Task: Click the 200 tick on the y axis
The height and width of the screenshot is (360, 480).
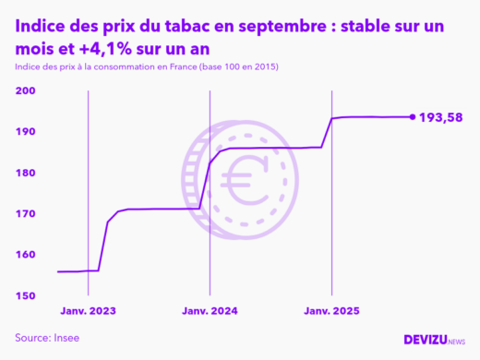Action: pyautogui.click(x=26, y=90)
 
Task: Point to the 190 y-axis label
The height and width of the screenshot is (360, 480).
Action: pyautogui.click(x=26, y=132)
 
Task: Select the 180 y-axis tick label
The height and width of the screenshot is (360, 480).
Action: pyautogui.click(x=26, y=173)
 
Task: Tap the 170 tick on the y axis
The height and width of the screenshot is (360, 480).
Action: pyautogui.click(x=26, y=213)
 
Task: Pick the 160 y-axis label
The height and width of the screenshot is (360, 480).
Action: pyautogui.click(x=26, y=255)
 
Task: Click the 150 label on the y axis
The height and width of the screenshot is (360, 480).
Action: pyautogui.click(x=26, y=295)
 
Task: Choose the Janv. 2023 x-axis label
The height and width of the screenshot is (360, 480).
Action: pyautogui.click(x=89, y=311)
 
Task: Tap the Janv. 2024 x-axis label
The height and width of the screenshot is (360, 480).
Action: pyautogui.click(x=210, y=311)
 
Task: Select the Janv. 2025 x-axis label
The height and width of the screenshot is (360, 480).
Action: pyautogui.click(x=332, y=311)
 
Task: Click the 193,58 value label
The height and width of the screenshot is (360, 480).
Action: pyautogui.click(x=441, y=117)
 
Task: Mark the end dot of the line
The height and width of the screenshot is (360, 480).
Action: pyautogui.click(x=412, y=116)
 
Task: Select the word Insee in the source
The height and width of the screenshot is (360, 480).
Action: pyautogui.click(x=66, y=338)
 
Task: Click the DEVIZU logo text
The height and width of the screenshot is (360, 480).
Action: pyautogui.click(x=425, y=340)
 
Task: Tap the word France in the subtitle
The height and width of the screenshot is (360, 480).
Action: pyautogui.click(x=185, y=68)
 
